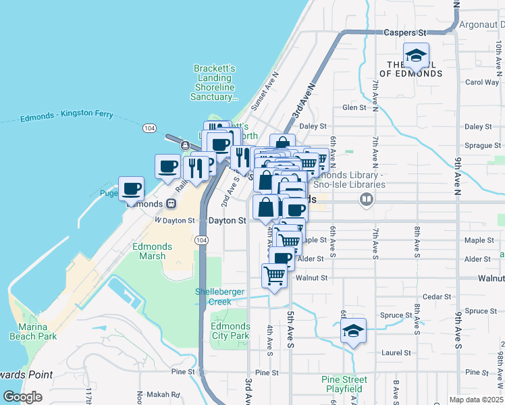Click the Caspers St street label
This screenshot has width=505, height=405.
(x=405, y=32)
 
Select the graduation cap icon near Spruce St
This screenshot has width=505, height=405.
(x=352, y=331)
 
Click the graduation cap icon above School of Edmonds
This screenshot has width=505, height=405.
(x=416, y=55)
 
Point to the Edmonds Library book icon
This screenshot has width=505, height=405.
(x=367, y=199)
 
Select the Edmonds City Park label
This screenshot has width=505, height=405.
(x=230, y=331)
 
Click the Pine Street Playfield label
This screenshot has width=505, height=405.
(x=344, y=384)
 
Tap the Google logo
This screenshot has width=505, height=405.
(x=22, y=397)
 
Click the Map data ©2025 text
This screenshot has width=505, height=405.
(x=476, y=400)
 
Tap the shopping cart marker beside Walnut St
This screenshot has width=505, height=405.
(x=274, y=275)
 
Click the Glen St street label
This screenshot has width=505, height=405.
(x=353, y=107)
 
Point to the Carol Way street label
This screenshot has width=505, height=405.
(x=482, y=82)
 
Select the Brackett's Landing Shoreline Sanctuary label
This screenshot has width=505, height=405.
(x=215, y=82)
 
